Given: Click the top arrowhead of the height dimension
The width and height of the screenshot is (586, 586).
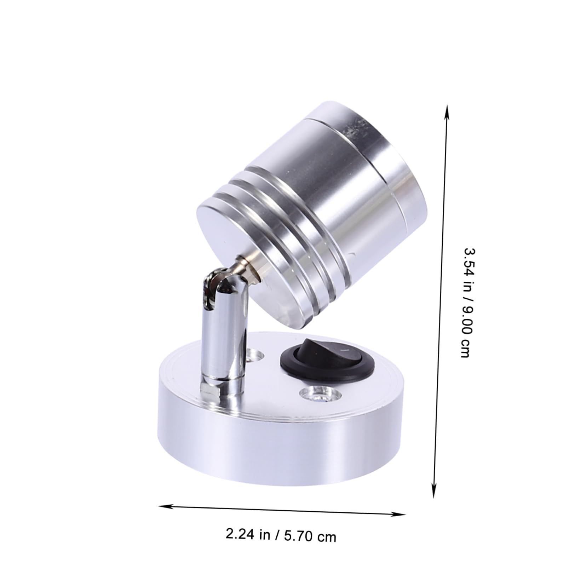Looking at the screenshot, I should pyautogui.click(x=447, y=108).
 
